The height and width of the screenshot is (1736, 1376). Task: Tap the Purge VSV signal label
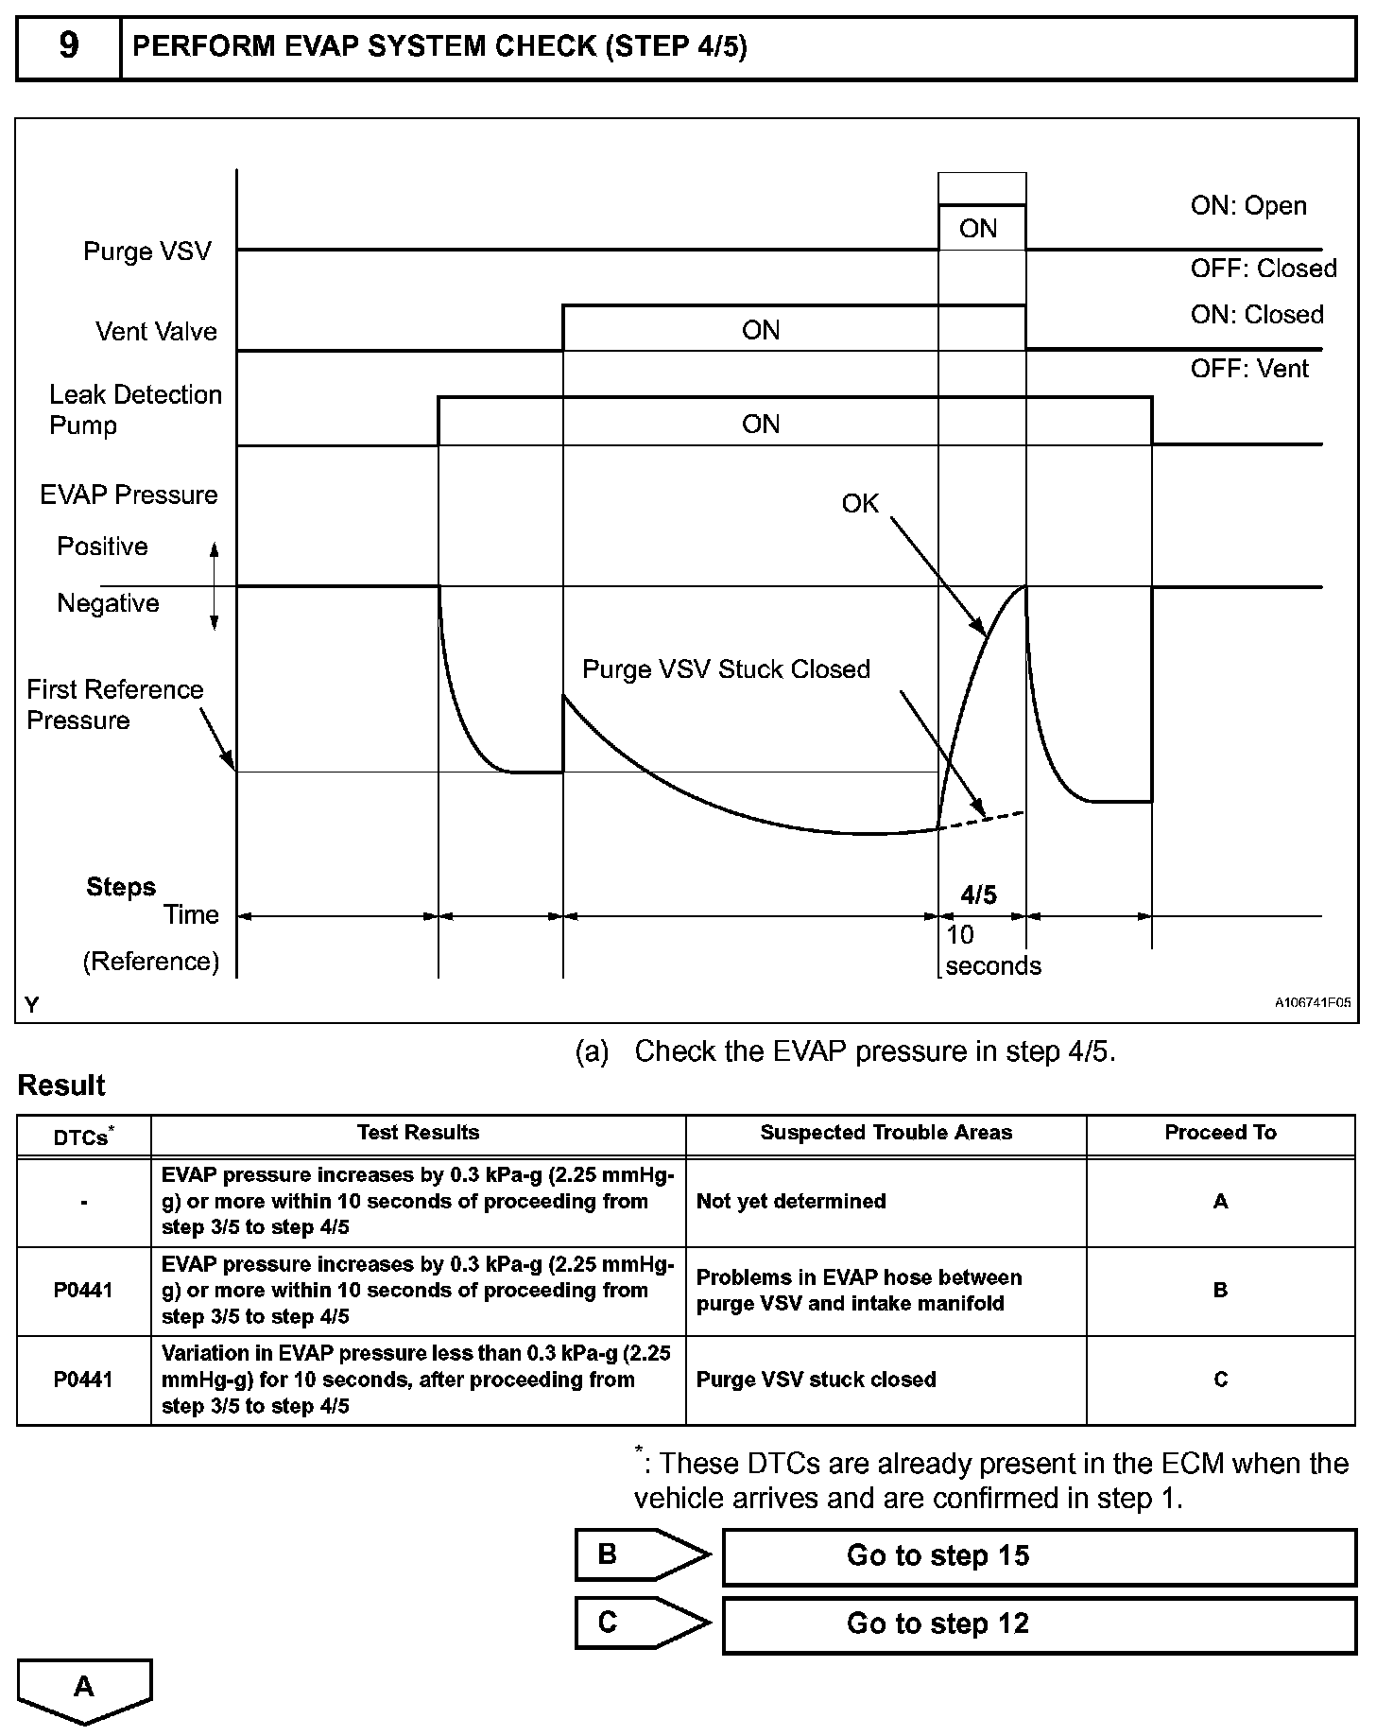click(x=147, y=252)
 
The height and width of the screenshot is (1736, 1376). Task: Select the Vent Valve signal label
click(x=156, y=332)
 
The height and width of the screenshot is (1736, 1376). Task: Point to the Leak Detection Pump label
click(x=135, y=409)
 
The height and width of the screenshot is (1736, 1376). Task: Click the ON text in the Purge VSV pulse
click(x=978, y=229)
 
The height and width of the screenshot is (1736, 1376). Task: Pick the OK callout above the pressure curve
click(x=860, y=504)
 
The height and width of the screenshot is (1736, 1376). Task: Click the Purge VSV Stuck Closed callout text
click(x=726, y=669)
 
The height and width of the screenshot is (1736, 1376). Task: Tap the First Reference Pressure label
click(x=114, y=704)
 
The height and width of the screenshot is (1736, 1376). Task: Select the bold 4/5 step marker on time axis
click(x=978, y=894)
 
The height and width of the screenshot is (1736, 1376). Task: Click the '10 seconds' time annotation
click(x=991, y=950)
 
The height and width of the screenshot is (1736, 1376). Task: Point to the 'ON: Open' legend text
click(x=1248, y=206)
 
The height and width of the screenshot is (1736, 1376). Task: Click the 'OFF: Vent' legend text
click(x=1249, y=369)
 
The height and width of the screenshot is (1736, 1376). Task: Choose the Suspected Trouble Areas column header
click(x=886, y=1133)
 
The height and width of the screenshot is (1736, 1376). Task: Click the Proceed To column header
click(x=1220, y=1133)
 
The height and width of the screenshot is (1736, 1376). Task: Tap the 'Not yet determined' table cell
click(x=791, y=1202)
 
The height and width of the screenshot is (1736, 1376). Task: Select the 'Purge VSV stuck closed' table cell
click(x=816, y=1380)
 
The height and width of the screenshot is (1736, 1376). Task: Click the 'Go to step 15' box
click(x=1039, y=1556)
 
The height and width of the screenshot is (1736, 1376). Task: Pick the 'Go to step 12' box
click(x=1039, y=1623)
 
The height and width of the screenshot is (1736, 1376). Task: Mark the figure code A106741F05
click(x=1313, y=1004)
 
